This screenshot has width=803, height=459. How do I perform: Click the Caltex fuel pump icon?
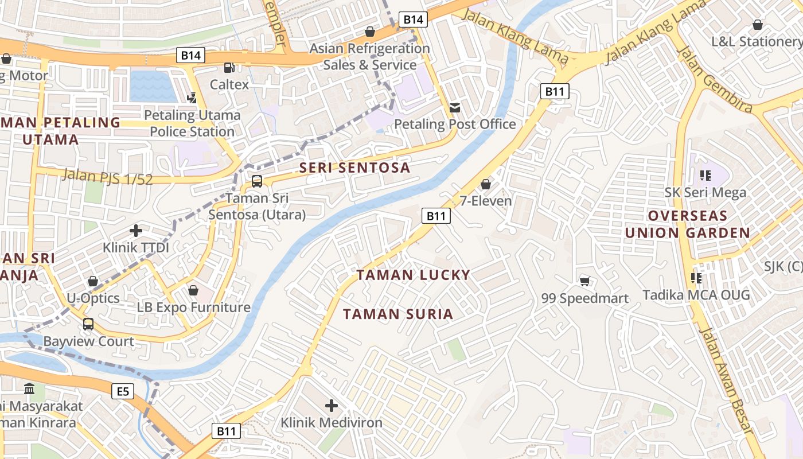tap(229, 68)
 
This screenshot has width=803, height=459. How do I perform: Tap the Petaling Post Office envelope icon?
tap(455, 107)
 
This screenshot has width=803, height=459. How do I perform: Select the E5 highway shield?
tap(123, 392)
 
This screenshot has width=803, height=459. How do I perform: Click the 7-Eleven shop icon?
tap(486, 184)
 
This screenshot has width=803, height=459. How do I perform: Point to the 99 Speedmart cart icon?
tap(585, 281)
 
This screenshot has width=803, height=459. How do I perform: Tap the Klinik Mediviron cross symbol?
tap(332, 406)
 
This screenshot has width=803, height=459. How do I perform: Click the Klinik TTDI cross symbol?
tap(136, 231)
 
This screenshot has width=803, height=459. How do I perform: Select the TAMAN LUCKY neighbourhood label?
tap(413, 275)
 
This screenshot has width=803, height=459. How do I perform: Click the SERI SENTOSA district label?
tap(355, 168)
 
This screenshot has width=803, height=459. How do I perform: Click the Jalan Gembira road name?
tap(714, 79)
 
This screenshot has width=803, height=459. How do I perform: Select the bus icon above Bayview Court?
tap(88, 324)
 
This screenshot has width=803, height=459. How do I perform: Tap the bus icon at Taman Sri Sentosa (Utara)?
tap(257, 181)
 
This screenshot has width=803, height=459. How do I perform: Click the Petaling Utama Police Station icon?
tap(192, 98)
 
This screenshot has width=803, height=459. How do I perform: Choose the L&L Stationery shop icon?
tap(758, 25)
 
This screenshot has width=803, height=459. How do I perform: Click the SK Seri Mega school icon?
tap(705, 175)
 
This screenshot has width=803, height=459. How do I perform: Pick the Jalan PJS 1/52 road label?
tap(108, 177)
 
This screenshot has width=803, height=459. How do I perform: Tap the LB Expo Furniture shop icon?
tap(193, 290)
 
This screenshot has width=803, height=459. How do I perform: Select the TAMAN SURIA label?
tap(398, 314)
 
